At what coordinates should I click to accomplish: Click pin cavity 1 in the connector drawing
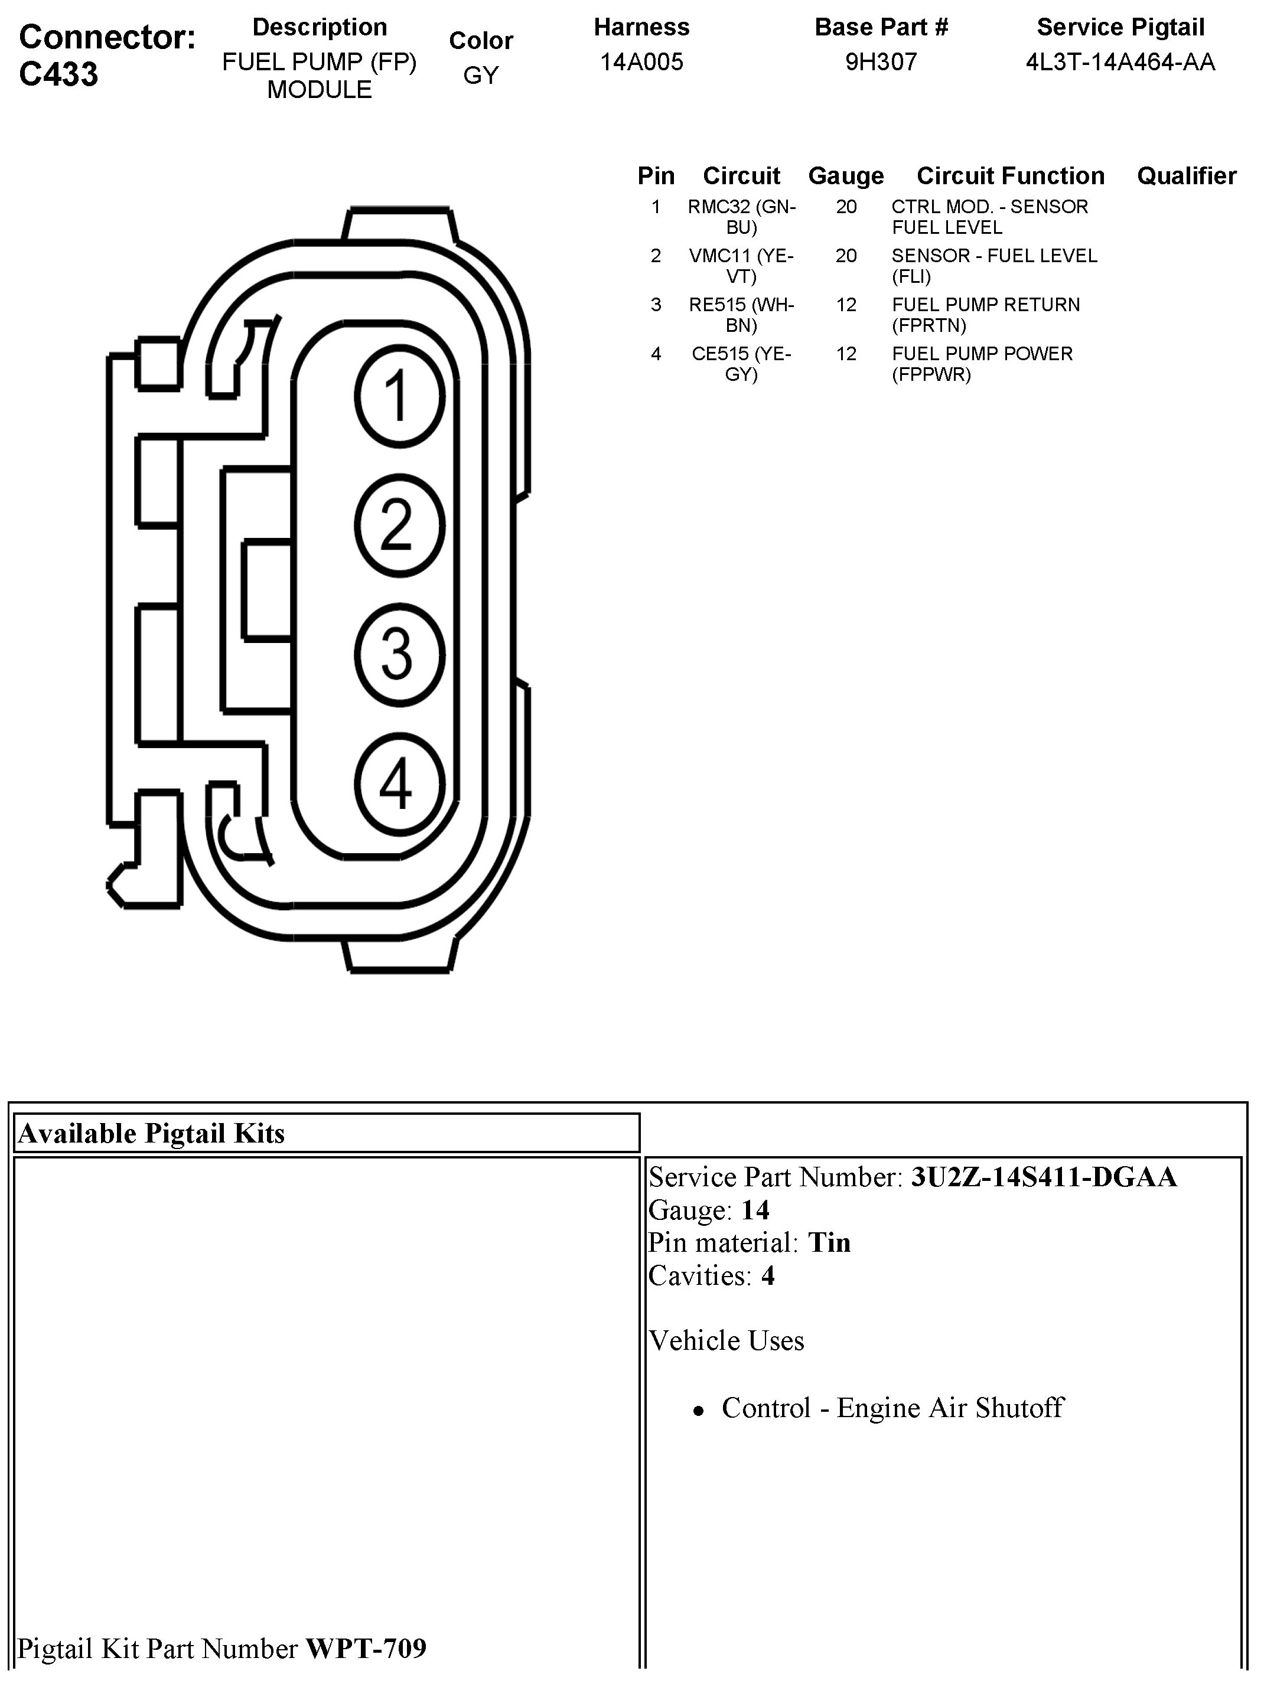tap(399, 397)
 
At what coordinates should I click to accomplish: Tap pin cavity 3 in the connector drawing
tap(399, 653)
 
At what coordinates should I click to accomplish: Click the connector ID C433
tap(58, 74)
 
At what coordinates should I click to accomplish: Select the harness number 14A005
tap(641, 61)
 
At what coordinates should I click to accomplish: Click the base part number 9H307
tap(881, 61)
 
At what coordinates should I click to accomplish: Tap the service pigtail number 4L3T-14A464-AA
tap(1120, 61)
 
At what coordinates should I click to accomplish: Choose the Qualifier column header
tap(1187, 176)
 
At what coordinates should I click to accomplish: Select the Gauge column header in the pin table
tap(846, 176)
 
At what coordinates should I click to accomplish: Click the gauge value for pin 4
tap(846, 354)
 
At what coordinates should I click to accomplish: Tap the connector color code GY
tap(480, 76)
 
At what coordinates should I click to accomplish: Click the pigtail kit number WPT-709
tap(366, 1648)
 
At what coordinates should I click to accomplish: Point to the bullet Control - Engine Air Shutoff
tap(892, 1408)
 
